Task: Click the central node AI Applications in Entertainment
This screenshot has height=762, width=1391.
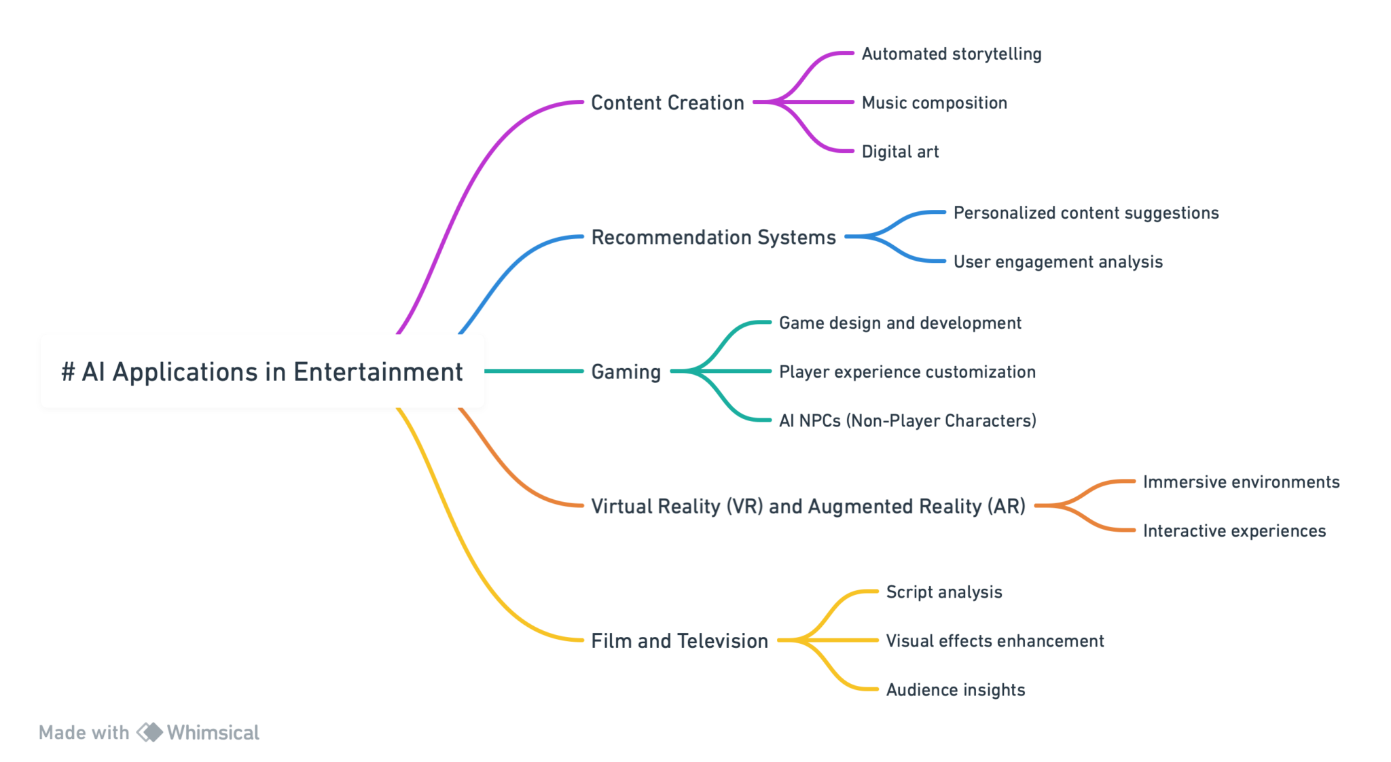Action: click(262, 371)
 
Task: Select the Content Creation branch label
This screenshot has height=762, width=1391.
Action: click(667, 103)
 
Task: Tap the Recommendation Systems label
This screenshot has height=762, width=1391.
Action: click(713, 237)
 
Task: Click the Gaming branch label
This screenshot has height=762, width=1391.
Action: click(626, 371)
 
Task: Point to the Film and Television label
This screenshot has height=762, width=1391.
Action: click(679, 640)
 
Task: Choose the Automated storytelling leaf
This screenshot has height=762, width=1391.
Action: click(951, 54)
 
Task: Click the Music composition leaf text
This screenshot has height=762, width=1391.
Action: click(934, 103)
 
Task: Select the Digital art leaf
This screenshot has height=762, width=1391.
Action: click(900, 151)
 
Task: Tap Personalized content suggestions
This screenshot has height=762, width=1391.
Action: click(1085, 213)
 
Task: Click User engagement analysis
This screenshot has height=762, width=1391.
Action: click(1058, 261)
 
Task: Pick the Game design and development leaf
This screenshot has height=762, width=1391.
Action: click(899, 323)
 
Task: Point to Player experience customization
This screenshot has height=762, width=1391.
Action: click(907, 371)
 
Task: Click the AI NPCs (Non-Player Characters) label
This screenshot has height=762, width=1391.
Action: click(907, 420)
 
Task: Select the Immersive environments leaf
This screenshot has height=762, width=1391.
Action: click(1241, 482)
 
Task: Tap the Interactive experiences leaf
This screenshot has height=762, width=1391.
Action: click(1234, 530)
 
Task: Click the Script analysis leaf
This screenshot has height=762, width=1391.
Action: click(943, 592)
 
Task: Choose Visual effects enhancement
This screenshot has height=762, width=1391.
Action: click(994, 640)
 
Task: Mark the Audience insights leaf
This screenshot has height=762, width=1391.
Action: click(955, 689)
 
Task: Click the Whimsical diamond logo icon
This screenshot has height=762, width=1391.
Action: click(149, 731)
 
